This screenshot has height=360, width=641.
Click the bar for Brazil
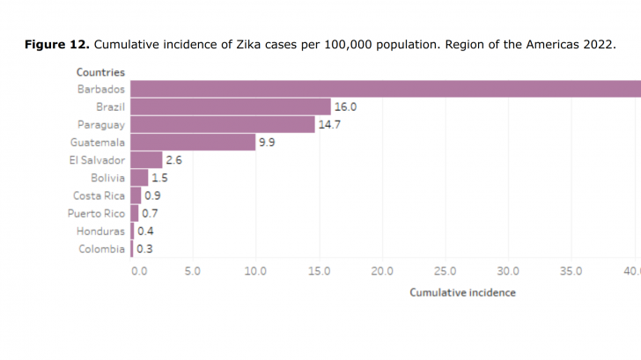231,107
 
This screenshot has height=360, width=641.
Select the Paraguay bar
223,124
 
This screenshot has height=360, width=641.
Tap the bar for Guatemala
193,142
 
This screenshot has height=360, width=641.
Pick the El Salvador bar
146,159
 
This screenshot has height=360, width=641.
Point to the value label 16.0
345,107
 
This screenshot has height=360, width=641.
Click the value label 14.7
329,124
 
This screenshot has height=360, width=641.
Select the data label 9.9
267,142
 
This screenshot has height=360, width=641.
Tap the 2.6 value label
174,159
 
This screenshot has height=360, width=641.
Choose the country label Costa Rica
99,195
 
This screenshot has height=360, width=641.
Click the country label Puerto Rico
96,213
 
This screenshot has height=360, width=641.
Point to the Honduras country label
100,231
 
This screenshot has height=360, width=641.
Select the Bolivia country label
107,178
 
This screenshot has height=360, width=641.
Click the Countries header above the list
100,72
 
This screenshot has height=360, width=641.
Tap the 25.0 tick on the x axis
446,271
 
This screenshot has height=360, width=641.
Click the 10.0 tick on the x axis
255,271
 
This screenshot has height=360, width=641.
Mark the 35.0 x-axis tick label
572,271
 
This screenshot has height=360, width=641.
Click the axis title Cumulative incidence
462,292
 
